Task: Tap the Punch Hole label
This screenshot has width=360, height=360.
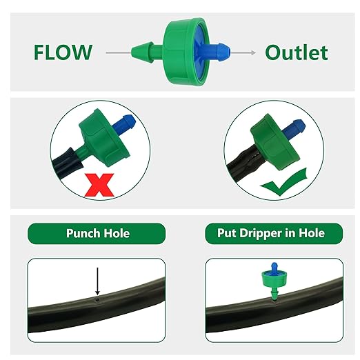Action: click(x=97, y=233)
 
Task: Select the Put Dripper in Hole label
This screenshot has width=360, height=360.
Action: click(x=266, y=233)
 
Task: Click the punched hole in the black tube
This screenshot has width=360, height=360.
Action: click(x=97, y=300)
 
